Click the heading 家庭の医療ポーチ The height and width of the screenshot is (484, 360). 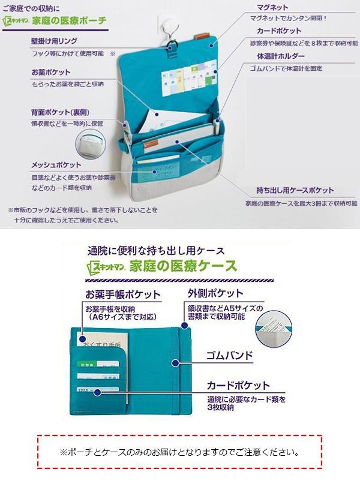[72, 20]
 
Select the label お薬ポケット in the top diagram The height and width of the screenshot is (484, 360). [51, 72]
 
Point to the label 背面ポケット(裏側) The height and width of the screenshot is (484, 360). [61, 112]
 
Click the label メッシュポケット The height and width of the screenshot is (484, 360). [56, 164]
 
